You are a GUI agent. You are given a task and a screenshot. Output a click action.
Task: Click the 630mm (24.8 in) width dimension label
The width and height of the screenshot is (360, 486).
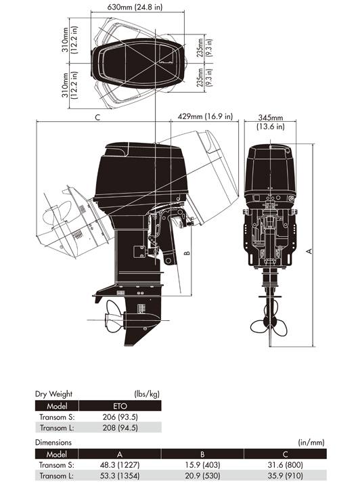coord(135,7)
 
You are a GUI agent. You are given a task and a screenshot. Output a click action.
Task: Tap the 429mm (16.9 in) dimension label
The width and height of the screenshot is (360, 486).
coord(205,116)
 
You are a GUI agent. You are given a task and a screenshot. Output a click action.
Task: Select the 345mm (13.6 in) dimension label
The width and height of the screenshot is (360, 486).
coord(271,122)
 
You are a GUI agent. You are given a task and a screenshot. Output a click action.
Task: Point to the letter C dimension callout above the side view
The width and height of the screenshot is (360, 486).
coord(97,118)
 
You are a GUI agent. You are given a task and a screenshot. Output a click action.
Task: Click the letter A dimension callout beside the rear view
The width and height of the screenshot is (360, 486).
coord(309,251)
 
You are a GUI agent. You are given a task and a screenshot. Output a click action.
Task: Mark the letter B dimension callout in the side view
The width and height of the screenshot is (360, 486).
coord(187,253)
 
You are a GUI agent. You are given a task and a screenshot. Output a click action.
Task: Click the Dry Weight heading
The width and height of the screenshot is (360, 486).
coord(53,394)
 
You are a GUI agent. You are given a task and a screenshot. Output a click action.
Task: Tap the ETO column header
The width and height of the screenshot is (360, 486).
coord(120,405)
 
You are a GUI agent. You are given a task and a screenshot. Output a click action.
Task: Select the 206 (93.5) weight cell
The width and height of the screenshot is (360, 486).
coord(120,416)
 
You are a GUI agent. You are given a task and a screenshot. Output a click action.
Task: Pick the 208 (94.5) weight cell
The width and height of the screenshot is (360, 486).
coord(120,428)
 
